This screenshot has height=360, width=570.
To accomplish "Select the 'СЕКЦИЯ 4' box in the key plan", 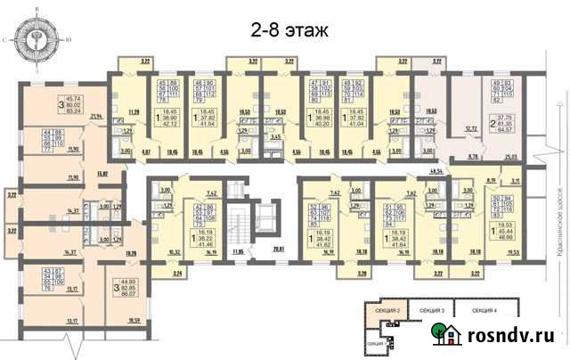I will [x=509, y=309].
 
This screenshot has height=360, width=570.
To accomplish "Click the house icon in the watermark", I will [x=444, y=334].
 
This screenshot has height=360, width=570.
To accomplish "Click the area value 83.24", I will [x=73, y=111].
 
